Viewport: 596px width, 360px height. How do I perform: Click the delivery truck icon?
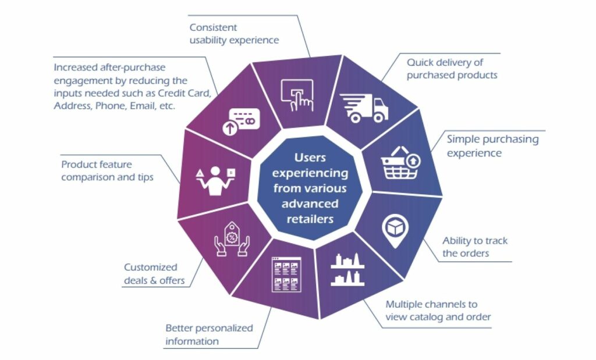(364, 108)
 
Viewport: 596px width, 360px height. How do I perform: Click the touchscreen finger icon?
(297, 93)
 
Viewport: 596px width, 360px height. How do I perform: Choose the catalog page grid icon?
(286, 274)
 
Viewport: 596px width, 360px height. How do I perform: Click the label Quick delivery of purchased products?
(452, 69)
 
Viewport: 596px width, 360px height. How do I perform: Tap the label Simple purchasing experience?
(492, 146)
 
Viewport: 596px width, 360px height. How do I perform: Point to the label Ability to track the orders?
(475, 247)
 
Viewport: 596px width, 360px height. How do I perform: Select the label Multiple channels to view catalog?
(438, 311)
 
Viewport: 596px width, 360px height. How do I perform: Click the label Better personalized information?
(209, 334)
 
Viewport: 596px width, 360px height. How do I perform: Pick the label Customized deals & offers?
(154, 274)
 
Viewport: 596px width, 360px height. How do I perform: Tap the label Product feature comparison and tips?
(107, 170)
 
